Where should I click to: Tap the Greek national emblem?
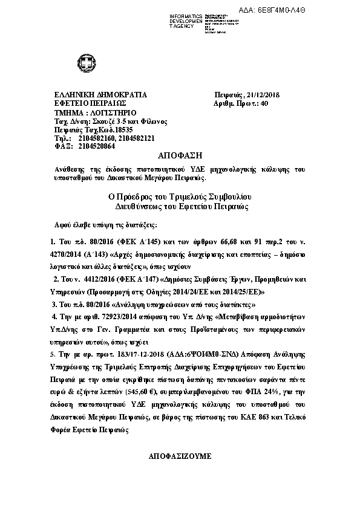(83, 62)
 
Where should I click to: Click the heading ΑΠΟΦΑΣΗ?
(180, 155)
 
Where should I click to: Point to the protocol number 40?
(264, 104)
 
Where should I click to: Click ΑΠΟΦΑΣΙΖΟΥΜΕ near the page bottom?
(180, 456)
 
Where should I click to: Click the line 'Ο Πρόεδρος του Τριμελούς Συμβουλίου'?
(180, 197)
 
